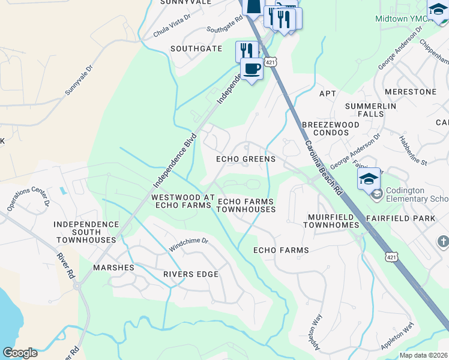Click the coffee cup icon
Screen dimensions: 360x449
[252, 68]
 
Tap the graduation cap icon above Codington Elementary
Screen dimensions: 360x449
[369, 178]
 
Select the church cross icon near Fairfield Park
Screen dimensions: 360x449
[443, 241]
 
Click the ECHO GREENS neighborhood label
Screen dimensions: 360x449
[246, 159]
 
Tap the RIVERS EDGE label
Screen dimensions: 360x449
[190, 274]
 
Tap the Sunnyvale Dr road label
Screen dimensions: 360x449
[79, 79]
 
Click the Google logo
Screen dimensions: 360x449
[19, 353]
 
